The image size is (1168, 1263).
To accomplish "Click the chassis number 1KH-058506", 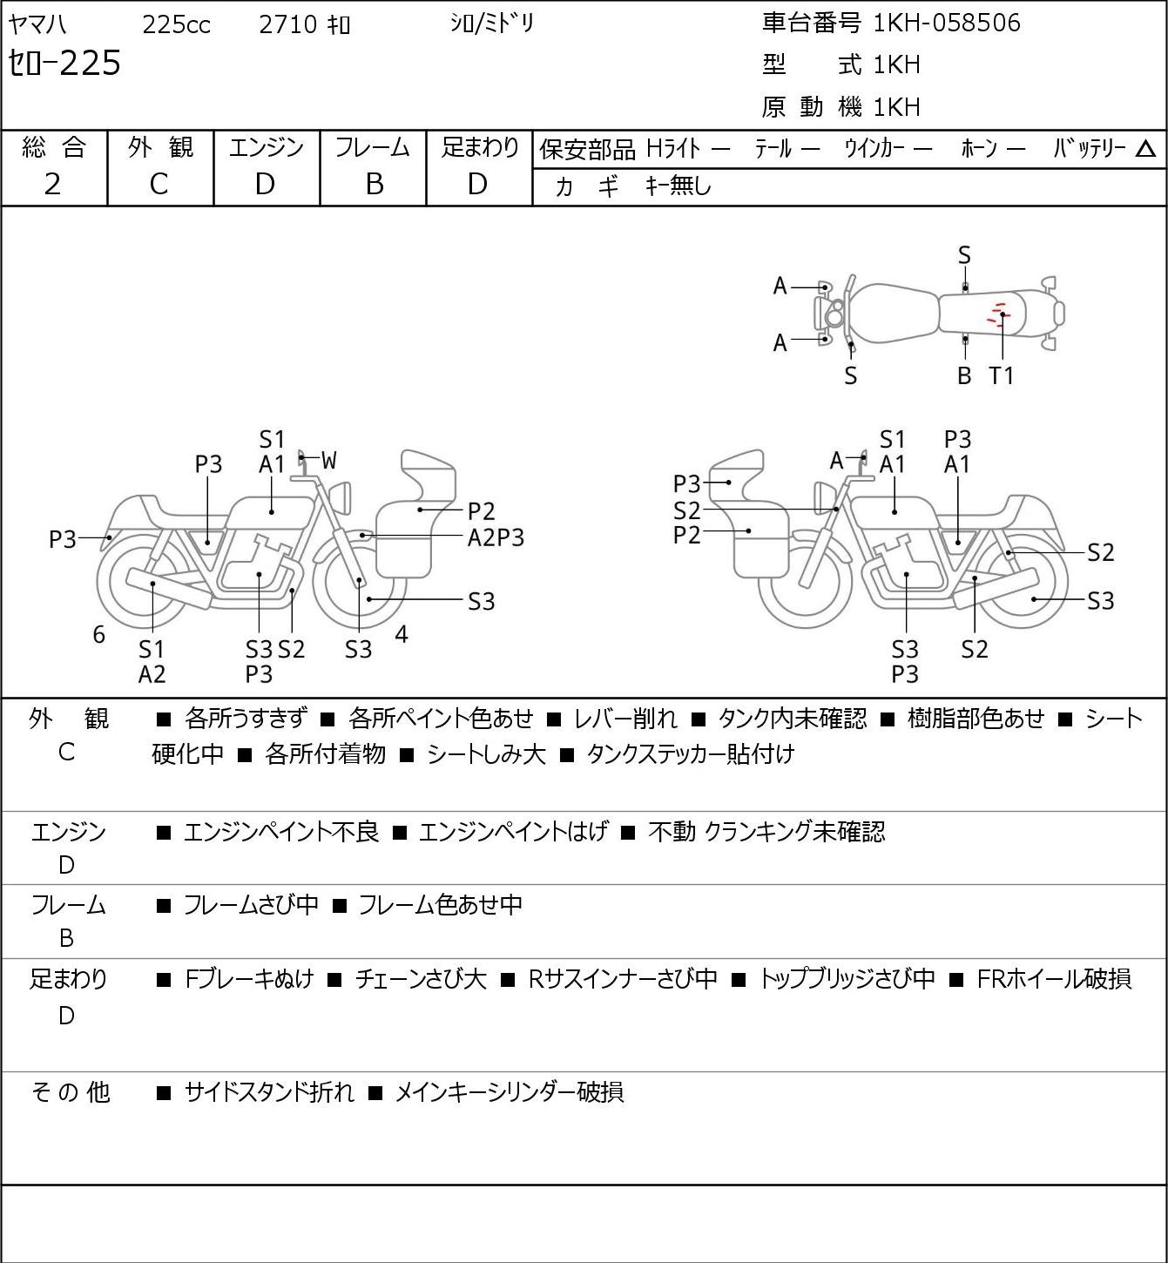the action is coord(946,23).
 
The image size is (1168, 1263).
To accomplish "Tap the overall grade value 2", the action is coord(52,185).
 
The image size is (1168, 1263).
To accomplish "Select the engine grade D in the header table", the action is coord(265,185).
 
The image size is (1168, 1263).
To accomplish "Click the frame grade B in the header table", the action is coord(374,185).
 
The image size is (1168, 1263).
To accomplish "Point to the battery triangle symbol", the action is coord(1145,149).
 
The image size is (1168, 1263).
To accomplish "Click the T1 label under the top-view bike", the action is coord(1001,375).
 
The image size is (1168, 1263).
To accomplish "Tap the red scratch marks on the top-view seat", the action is coord(997,314).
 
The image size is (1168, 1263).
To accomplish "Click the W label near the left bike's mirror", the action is coord(328,461).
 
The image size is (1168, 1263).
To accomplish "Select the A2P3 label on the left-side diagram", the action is coord(496,538).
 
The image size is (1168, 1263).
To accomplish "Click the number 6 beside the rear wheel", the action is coord(98,634).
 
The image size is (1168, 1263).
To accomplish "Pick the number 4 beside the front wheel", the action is coord(401,634).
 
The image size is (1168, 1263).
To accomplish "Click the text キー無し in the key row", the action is coord(678,186).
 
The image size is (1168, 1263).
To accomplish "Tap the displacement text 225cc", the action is coord(176,24).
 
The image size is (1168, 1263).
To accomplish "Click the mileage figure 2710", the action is coord(287,24).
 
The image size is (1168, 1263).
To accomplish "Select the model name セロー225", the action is coord(64,63).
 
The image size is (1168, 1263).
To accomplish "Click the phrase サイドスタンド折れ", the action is coord(268,1092).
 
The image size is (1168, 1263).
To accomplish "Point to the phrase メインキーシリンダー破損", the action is coord(509,1092).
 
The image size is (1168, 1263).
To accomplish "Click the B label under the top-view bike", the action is coord(964,375).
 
